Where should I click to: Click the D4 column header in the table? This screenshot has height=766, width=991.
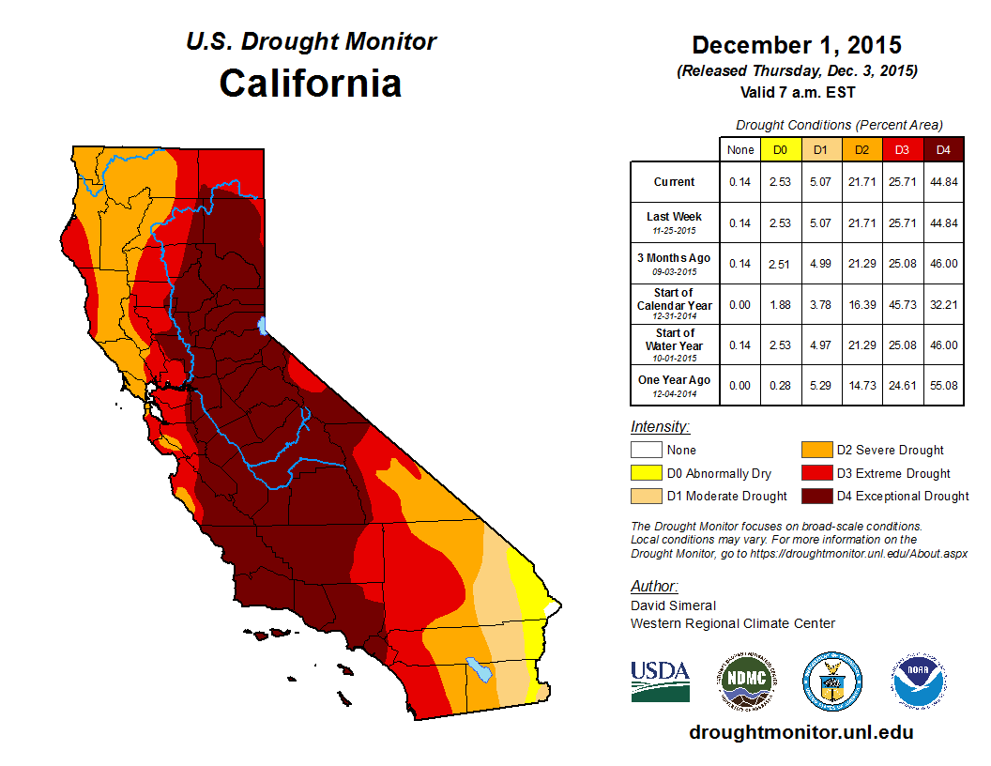click(943, 149)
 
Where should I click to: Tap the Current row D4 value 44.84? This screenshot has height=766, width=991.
click(943, 182)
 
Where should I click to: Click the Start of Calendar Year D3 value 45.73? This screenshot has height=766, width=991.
click(902, 304)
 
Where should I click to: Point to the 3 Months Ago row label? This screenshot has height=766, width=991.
click(675, 263)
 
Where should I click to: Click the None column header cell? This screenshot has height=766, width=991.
click(740, 149)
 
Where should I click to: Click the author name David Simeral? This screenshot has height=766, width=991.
click(673, 605)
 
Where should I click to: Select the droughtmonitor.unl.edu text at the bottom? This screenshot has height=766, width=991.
click(800, 732)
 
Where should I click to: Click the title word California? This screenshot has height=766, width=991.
click(311, 84)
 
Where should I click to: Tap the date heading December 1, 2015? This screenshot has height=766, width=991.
click(797, 45)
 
